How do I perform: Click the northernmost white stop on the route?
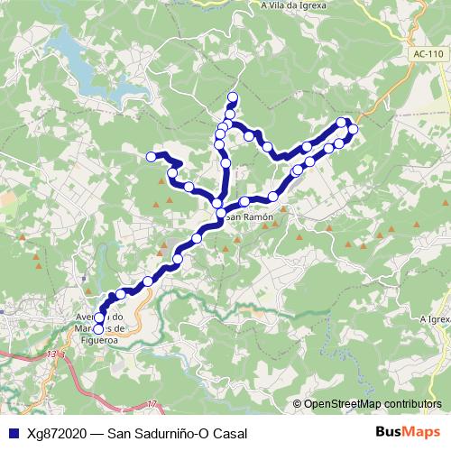click(233, 97)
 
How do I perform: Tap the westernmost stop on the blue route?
click(152, 157)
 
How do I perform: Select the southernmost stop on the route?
click(98, 329)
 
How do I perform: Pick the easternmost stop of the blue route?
click(353, 129)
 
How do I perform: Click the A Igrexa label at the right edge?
click(434, 318)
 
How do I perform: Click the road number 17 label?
click(151, 402)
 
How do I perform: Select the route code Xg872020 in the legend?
click(56, 434)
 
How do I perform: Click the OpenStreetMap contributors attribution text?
click(373, 404)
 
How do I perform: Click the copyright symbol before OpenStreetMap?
click(297, 404)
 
